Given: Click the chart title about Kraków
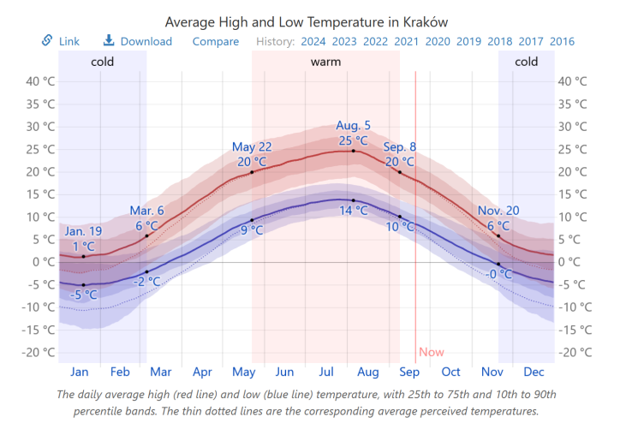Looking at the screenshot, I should click(x=307, y=21).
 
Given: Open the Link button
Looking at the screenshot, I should click(x=61, y=41).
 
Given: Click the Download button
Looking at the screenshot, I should click(x=138, y=41).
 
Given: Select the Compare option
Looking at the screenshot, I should click(x=216, y=41).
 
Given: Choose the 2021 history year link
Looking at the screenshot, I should click(x=406, y=41).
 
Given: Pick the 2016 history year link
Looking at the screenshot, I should click(x=562, y=41).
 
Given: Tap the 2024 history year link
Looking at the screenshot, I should click(x=313, y=41).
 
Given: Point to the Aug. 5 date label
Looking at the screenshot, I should click(x=354, y=125).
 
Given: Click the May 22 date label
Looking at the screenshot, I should click(x=252, y=146).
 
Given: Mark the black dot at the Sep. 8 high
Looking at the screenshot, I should click(x=399, y=172).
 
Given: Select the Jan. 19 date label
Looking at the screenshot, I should click(x=83, y=231).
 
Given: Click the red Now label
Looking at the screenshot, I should click(x=432, y=352).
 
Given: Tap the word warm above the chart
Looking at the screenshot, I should click(x=325, y=62).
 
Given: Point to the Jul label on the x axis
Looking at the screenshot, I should click(x=325, y=372).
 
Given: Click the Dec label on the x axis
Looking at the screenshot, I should click(x=534, y=372).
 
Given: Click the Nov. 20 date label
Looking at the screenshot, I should click(x=498, y=211).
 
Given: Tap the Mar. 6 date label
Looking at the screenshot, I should click(x=146, y=211).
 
